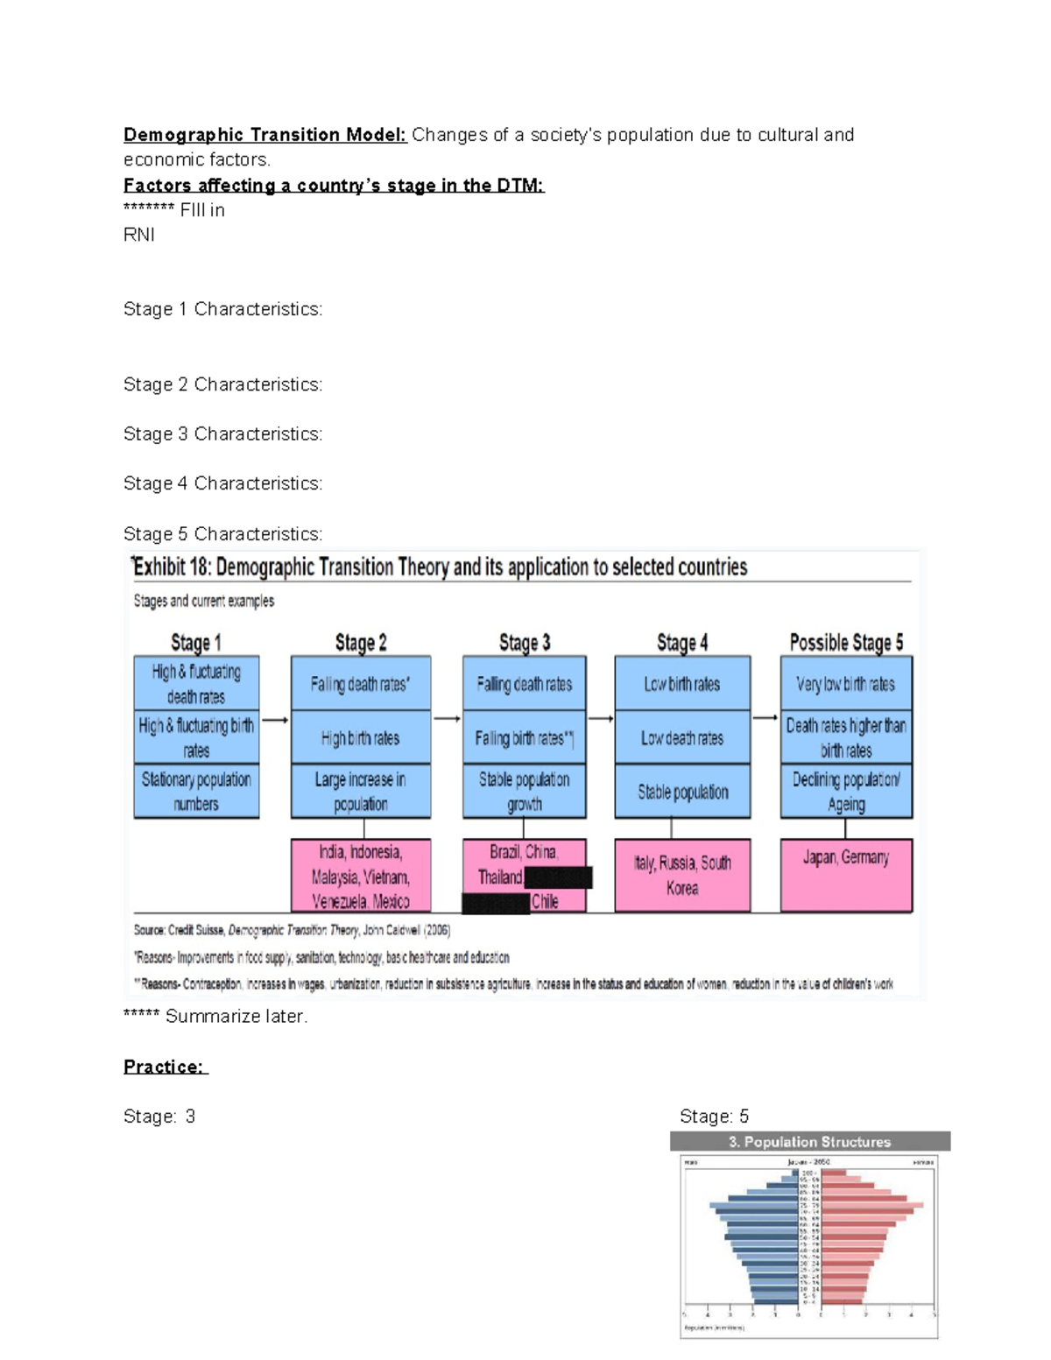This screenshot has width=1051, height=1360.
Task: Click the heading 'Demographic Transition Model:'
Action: point(265,135)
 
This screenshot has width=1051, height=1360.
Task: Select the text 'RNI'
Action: point(139,235)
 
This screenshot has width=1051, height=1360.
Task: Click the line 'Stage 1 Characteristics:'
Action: point(222,309)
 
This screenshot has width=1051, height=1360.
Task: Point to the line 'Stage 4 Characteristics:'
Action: point(222,483)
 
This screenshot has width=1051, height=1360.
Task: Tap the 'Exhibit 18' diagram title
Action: point(440,567)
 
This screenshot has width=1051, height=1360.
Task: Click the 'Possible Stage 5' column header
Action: point(845,642)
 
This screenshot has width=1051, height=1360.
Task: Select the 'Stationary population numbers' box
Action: point(196,792)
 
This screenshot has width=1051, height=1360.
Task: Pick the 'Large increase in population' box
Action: point(360,792)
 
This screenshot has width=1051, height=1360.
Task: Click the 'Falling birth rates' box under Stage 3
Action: point(524,738)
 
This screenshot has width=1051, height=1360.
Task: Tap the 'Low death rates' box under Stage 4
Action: point(682,738)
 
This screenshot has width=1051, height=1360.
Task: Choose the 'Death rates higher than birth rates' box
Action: point(845,737)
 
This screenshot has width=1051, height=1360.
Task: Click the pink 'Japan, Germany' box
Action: point(845,875)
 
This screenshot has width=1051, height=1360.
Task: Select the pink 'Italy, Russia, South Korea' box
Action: point(682,875)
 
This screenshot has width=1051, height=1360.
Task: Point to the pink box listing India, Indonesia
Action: point(360,875)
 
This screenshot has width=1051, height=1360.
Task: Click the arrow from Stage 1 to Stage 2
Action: point(275,720)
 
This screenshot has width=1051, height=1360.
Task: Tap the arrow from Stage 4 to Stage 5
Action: point(765,718)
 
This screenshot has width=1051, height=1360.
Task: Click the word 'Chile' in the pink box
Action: point(545,901)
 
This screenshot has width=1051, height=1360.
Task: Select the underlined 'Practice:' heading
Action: point(164,1067)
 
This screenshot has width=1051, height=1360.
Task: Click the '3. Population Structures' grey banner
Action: point(809,1142)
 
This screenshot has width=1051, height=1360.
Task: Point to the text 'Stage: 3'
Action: point(159,1117)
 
